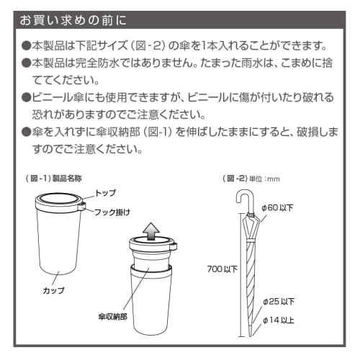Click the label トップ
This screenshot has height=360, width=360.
(x=105, y=193)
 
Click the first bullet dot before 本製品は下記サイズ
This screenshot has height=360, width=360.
(x=26, y=45)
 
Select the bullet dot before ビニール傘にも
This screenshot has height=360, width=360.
(x=26, y=96)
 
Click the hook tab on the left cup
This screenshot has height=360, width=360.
(x=82, y=207)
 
